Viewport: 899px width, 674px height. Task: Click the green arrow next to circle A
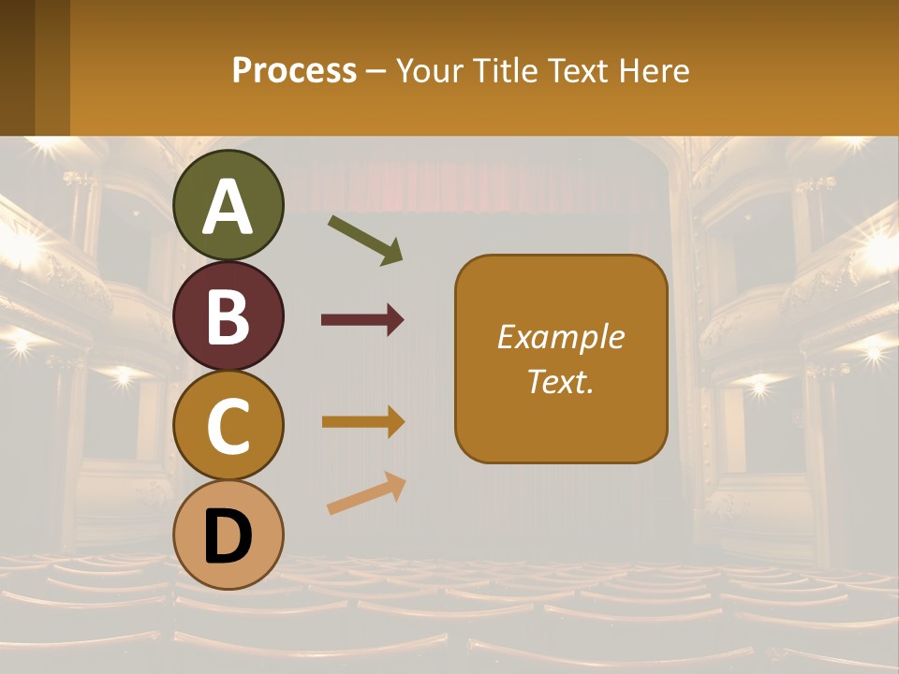coord(365,240)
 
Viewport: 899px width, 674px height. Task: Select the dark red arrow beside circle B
coord(362,320)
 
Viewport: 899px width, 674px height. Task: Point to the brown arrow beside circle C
coord(362,421)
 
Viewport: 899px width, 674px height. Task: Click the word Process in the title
coord(294,70)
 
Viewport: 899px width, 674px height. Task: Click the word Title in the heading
coord(504,70)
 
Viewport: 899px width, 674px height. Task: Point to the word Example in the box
coord(561,337)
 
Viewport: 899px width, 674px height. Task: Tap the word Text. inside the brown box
coord(561,381)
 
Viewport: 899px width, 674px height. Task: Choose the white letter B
coord(228,316)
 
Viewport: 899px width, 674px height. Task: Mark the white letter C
coord(228,427)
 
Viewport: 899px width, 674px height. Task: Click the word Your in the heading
coord(429,70)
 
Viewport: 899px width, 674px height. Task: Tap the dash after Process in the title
coord(376,71)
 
